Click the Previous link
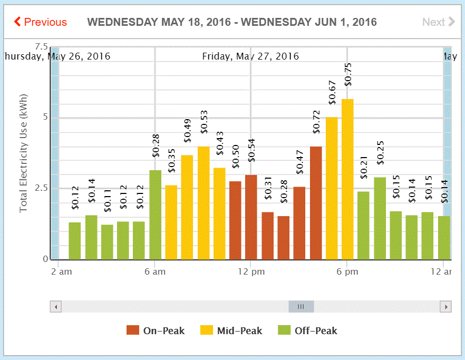click(x=41, y=22)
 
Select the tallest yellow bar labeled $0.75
click(x=347, y=179)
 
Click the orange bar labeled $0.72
click(x=316, y=203)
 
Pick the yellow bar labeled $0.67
click(x=332, y=188)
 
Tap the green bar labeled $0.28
click(x=155, y=215)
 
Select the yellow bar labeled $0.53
click(x=204, y=203)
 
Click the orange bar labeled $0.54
click(x=251, y=217)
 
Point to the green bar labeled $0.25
click(x=380, y=218)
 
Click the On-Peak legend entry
click(x=156, y=330)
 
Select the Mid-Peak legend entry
click(x=231, y=330)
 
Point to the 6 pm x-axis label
click(x=347, y=272)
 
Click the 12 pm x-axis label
click(x=251, y=272)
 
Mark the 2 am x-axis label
click(x=62, y=272)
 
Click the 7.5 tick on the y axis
click(x=41, y=46)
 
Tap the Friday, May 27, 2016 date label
click(x=250, y=56)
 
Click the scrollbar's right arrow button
click(x=446, y=306)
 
